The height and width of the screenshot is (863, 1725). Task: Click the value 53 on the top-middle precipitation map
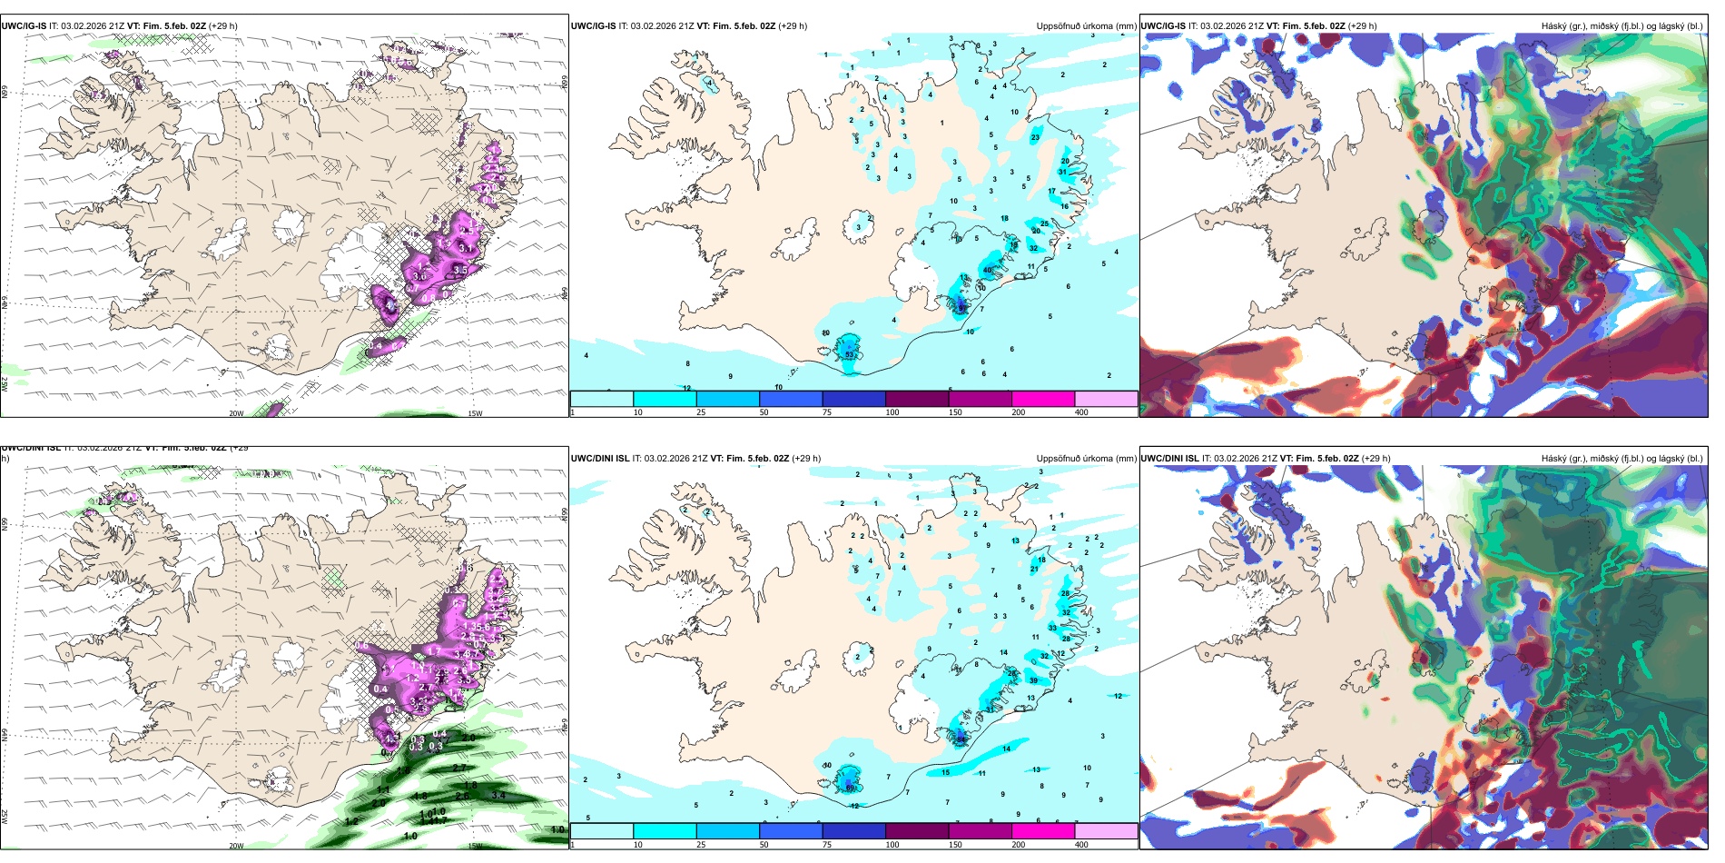point(850,355)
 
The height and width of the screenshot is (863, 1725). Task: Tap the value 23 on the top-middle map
point(1036,137)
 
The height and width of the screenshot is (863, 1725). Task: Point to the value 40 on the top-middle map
point(988,270)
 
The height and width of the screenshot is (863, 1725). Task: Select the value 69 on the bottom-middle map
point(851,788)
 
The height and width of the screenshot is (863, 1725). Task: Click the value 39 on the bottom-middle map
point(1033,680)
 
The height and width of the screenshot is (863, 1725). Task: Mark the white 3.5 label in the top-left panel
point(460,270)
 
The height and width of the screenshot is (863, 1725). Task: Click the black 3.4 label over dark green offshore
point(498,795)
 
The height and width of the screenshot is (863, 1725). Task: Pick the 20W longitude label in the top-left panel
point(236,413)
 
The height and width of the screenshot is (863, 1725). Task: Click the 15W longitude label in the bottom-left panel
point(474,846)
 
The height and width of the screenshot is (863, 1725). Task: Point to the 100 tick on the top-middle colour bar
point(892,412)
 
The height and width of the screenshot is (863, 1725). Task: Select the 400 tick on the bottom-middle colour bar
point(1081,845)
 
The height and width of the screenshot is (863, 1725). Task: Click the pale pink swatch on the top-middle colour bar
point(1106,399)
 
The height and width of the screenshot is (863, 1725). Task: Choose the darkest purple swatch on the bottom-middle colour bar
point(916,831)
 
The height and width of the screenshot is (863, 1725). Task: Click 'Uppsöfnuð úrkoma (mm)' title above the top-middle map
point(1086,26)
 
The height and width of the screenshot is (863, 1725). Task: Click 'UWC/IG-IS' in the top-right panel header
point(1163,26)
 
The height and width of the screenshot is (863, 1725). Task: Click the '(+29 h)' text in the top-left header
point(223,26)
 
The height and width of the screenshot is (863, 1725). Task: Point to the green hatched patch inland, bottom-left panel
point(335,576)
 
